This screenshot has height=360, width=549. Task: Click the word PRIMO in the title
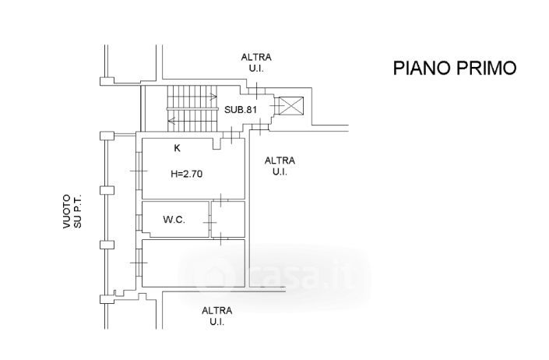pos(487,68)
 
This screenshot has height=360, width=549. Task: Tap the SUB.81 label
pos(241,109)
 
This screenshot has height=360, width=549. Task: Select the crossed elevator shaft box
pos(293,105)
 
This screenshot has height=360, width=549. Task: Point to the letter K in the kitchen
pos(178,147)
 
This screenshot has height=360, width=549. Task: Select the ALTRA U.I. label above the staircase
pos(256,63)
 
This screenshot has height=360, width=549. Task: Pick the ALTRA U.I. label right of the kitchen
pos(280,166)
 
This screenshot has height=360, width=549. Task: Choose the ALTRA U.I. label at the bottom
pos(217,316)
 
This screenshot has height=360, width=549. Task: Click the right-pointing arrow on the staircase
pos(213,97)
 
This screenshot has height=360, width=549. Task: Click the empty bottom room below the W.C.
pos(192,265)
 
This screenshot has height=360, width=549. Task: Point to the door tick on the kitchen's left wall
pos(137,170)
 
